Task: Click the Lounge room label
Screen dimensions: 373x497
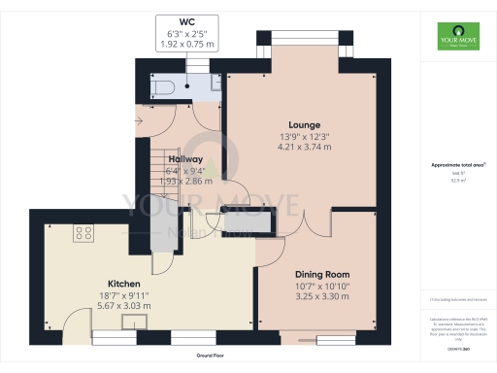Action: click(300, 124)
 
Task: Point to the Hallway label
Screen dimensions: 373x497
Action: click(185, 159)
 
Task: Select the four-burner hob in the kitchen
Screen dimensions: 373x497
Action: click(83, 233)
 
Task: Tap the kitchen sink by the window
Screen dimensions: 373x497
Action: click(101, 336)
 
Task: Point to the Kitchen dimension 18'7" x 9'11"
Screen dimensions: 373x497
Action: click(123, 294)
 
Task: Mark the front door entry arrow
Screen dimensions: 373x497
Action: click(143, 120)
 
